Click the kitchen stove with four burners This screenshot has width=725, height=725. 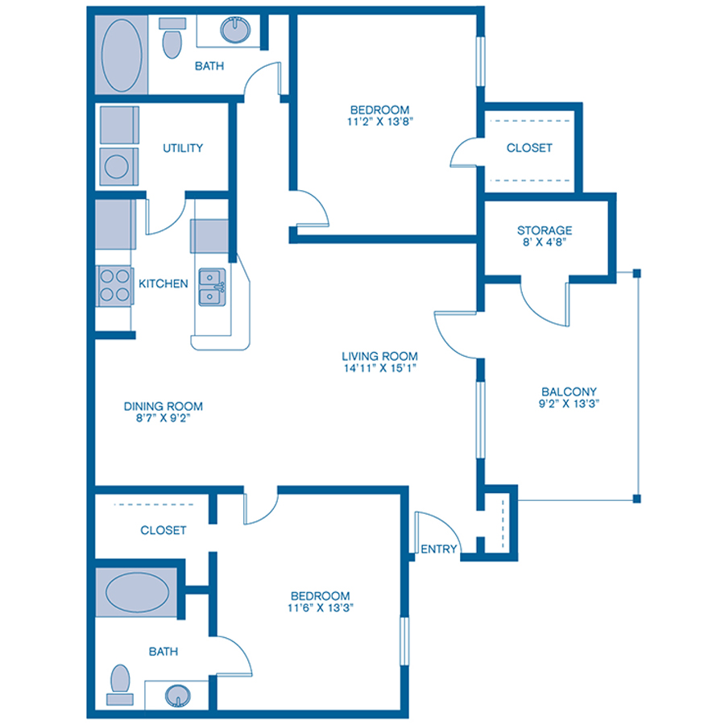click(x=114, y=285)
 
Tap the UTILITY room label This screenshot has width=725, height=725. click(x=183, y=148)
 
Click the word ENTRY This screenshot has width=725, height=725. click(x=439, y=549)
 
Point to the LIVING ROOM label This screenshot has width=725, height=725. click(x=379, y=355)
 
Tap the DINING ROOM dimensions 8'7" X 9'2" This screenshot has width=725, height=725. click(x=163, y=419)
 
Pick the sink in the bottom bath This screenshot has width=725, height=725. click(x=177, y=694)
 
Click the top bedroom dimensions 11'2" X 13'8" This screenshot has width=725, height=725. click(x=379, y=122)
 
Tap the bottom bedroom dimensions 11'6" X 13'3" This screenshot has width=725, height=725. click(x=321, y=608)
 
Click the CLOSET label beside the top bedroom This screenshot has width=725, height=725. click(x=529, y=148)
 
